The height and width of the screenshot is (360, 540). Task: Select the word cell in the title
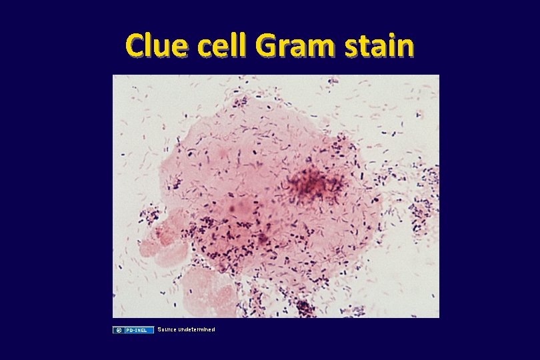(224, 45)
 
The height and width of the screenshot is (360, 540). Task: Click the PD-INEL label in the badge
(138, 330)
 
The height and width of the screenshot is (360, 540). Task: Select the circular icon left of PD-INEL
(118, 330)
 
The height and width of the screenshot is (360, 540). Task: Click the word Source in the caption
(166, 329)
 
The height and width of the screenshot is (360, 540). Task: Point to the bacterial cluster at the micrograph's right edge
(423, 213)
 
